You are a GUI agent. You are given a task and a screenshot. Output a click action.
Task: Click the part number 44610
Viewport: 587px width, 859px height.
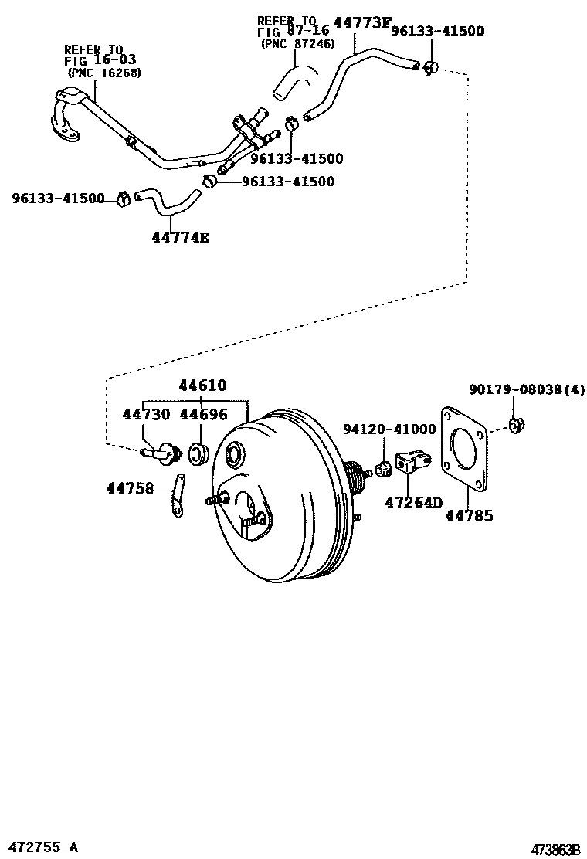[202, 385]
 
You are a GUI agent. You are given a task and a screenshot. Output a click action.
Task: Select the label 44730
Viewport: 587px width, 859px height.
[146, 415]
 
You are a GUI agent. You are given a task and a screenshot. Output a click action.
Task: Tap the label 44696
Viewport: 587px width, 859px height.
[203, 415]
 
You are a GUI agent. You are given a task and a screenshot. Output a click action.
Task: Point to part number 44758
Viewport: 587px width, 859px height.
[130, 487]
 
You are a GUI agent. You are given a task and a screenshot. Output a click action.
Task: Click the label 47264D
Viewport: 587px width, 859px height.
[414, 503]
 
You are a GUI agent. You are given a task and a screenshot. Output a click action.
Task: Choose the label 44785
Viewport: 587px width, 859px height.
[468, 515]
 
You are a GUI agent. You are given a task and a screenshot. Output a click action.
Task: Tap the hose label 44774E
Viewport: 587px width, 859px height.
[181, 237]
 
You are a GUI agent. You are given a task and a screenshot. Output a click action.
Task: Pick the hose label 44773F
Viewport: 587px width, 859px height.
[361, 23]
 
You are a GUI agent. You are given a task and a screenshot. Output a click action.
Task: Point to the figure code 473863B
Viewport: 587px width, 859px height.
[554, 850]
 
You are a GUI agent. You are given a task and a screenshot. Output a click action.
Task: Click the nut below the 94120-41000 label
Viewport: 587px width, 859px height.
[382, 467]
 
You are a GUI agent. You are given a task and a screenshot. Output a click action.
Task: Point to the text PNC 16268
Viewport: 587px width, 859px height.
[105, 73]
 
